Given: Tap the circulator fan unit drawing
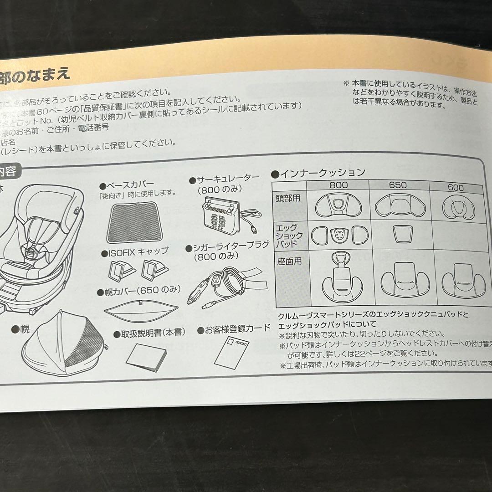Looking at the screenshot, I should [220, 214].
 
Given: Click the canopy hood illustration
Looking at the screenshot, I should [64, 339].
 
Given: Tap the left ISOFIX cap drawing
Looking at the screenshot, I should [120, 270].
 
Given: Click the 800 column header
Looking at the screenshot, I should [338, 185].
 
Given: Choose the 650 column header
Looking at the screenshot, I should [398, 185].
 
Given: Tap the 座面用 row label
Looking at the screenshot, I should [288, 261].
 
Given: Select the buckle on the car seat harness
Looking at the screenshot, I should [31, 251].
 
